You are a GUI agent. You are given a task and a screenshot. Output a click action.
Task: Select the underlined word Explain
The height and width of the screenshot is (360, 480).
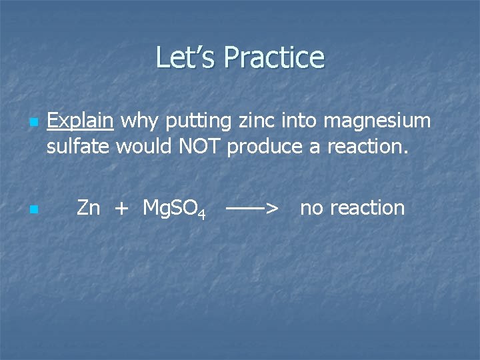pos(80,121)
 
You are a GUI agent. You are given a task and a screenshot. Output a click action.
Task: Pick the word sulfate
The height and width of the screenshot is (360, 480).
pos(78,146)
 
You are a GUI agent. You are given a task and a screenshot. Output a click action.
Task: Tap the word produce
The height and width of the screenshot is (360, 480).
pos(265,146)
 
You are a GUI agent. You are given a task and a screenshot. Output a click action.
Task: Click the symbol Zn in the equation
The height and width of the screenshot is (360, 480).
pos(88,208)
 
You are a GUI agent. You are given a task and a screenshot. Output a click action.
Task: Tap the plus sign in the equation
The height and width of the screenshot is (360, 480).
pos(121,208)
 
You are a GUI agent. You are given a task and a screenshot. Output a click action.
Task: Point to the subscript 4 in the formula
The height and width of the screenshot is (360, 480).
pos(201,213)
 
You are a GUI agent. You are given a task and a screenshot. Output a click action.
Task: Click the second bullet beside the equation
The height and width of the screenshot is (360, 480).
pos(32,210)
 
